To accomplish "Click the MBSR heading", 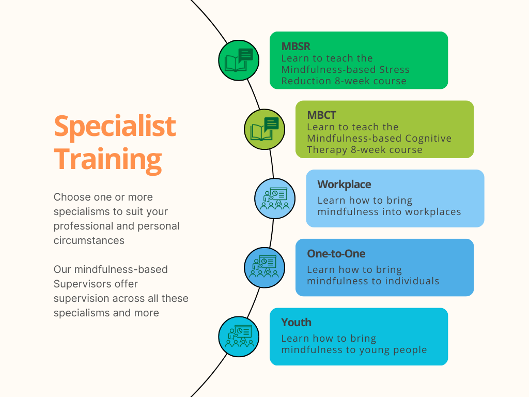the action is point(296,46).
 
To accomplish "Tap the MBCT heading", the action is point(321,115).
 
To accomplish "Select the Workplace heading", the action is point(344,185).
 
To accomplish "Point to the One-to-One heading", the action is point(336,253).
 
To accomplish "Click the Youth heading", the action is point(296,323).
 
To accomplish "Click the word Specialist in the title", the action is point(115,126).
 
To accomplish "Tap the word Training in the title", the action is point(108,159).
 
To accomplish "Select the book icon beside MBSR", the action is point(239,60).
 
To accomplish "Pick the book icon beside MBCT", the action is point(264,129).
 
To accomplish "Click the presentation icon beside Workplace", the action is point(275,198).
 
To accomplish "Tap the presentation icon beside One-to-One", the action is point(264,267).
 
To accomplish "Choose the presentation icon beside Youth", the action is point(239,337).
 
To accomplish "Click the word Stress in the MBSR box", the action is point(394,70).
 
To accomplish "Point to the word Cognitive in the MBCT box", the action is point(428,139).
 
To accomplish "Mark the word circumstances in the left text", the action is point(89,240).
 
